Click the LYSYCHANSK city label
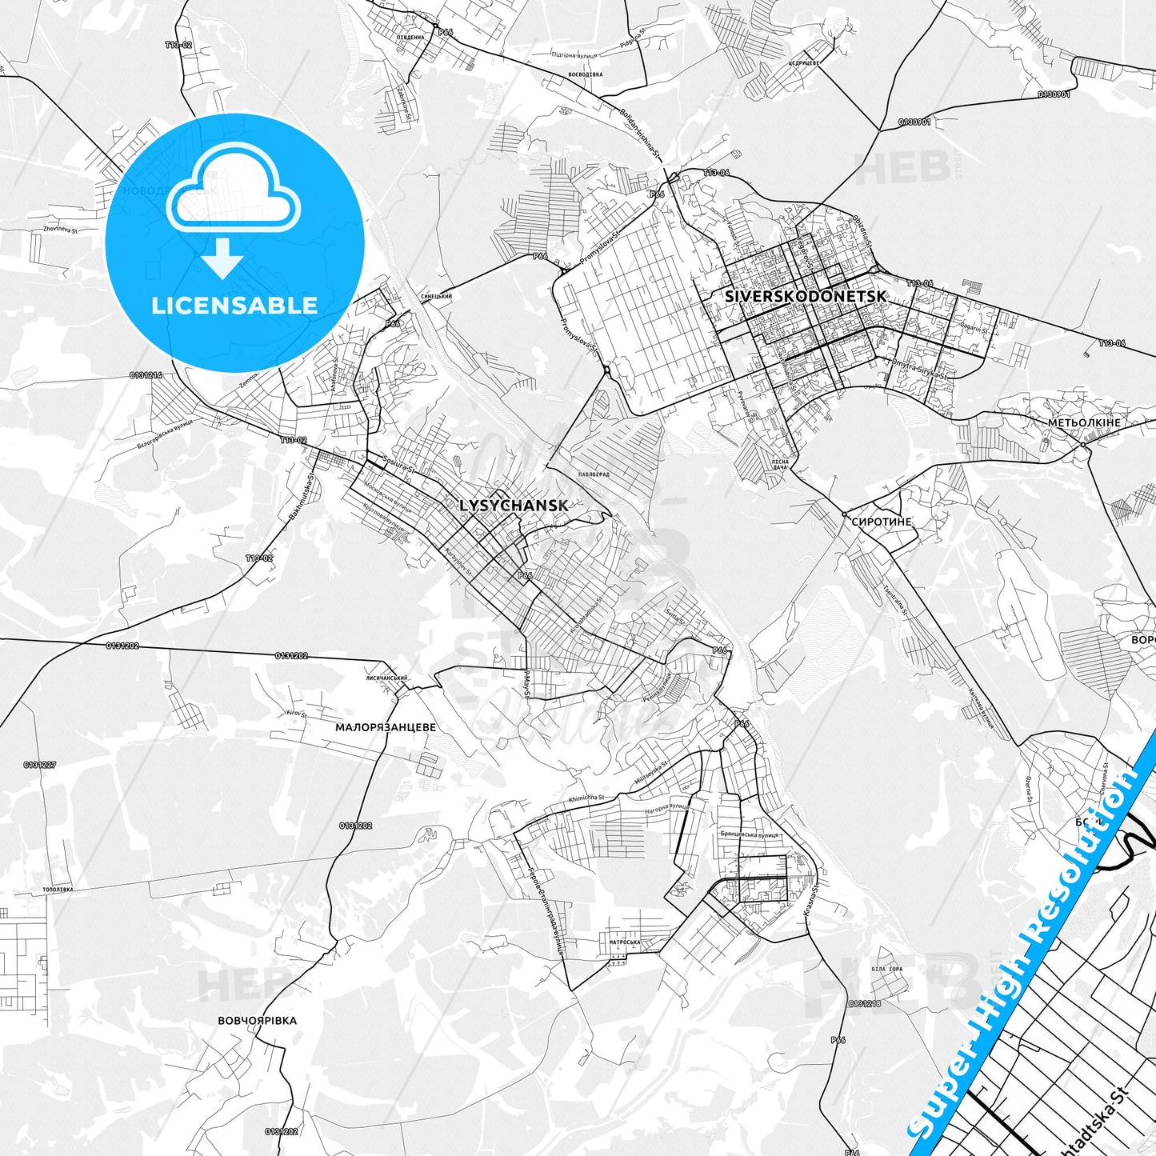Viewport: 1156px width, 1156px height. [x=514, y=506]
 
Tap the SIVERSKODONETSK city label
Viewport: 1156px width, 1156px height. [x=806, y=296]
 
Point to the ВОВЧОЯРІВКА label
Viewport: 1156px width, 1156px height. [x=257, y=1021]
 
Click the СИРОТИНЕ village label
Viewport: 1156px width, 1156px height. [x=882, y=522]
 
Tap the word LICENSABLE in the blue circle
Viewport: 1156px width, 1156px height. [x=234, y=306]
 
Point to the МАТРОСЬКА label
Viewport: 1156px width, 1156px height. [x=625, y=942]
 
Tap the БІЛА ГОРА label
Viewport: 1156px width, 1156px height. [x=886, y=970]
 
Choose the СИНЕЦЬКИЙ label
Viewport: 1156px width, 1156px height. [x=437, y=297]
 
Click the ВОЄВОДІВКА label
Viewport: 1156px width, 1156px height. [x=585, y=74]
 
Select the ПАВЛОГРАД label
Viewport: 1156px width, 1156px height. [x=593, y=474]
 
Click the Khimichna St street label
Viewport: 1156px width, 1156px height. [x=586, y=798]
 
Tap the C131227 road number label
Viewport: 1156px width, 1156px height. [x=40, y=766]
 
